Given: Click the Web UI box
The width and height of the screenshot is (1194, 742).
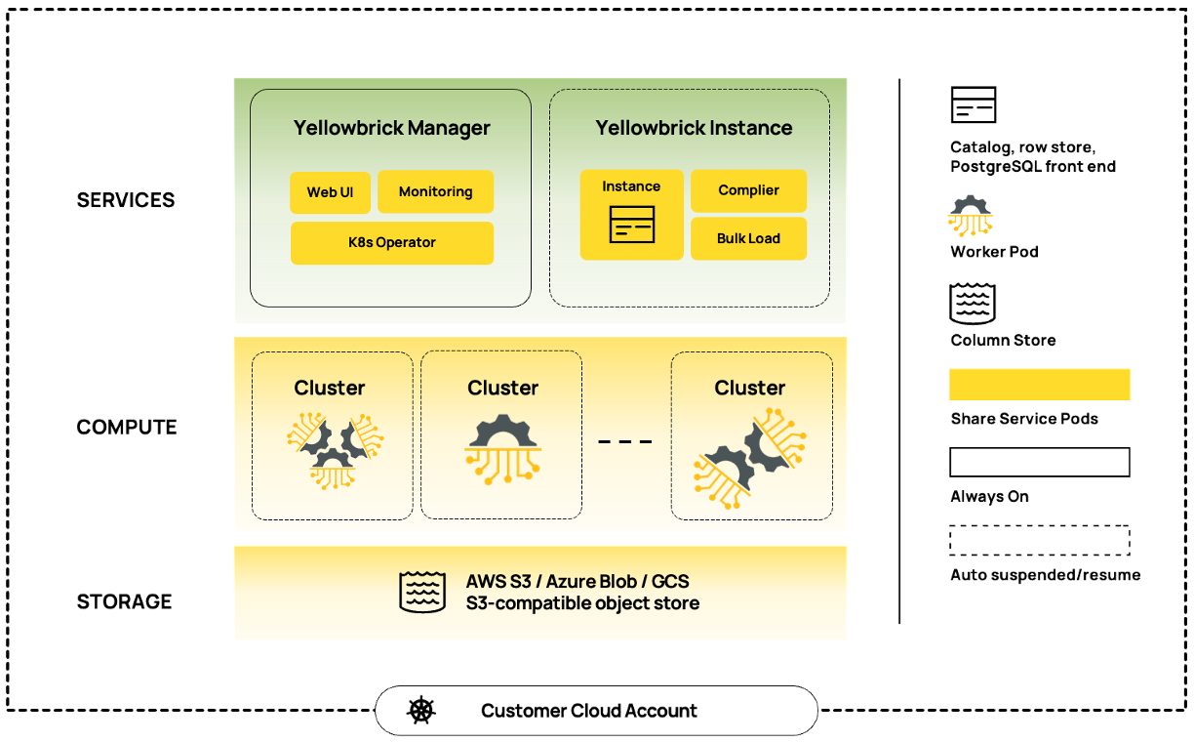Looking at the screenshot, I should click(330, 192).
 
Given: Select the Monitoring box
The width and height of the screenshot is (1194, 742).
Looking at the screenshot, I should click(435, 192).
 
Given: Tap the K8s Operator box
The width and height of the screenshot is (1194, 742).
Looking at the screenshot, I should click(391, 243).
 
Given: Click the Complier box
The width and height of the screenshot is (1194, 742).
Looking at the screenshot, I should click(748, 190).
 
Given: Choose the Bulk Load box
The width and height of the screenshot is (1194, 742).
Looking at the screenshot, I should click(748, 238).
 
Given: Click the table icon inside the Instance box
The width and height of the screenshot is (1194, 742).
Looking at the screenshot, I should click(631, 225).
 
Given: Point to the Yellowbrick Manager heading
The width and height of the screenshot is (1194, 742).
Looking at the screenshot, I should click(391, 128).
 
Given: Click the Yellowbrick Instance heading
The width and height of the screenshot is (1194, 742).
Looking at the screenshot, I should click(694, 128).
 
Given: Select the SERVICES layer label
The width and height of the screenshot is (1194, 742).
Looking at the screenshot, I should click(126, 200).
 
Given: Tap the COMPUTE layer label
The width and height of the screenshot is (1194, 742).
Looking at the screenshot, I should click(127, 427).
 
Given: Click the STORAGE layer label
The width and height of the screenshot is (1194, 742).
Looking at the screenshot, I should click(125, 600).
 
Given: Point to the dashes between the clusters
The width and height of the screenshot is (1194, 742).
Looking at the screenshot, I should click(624, 442).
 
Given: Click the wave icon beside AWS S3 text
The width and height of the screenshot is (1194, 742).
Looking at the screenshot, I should click(422, 593).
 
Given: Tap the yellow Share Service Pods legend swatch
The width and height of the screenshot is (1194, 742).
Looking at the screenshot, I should click(1040, 385).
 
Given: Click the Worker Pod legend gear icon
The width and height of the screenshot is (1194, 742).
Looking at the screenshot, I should click(970, 216).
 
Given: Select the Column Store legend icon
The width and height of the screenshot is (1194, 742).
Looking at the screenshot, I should click(973, 305).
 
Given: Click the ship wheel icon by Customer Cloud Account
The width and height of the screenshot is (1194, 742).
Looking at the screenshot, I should click(421, 710).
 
